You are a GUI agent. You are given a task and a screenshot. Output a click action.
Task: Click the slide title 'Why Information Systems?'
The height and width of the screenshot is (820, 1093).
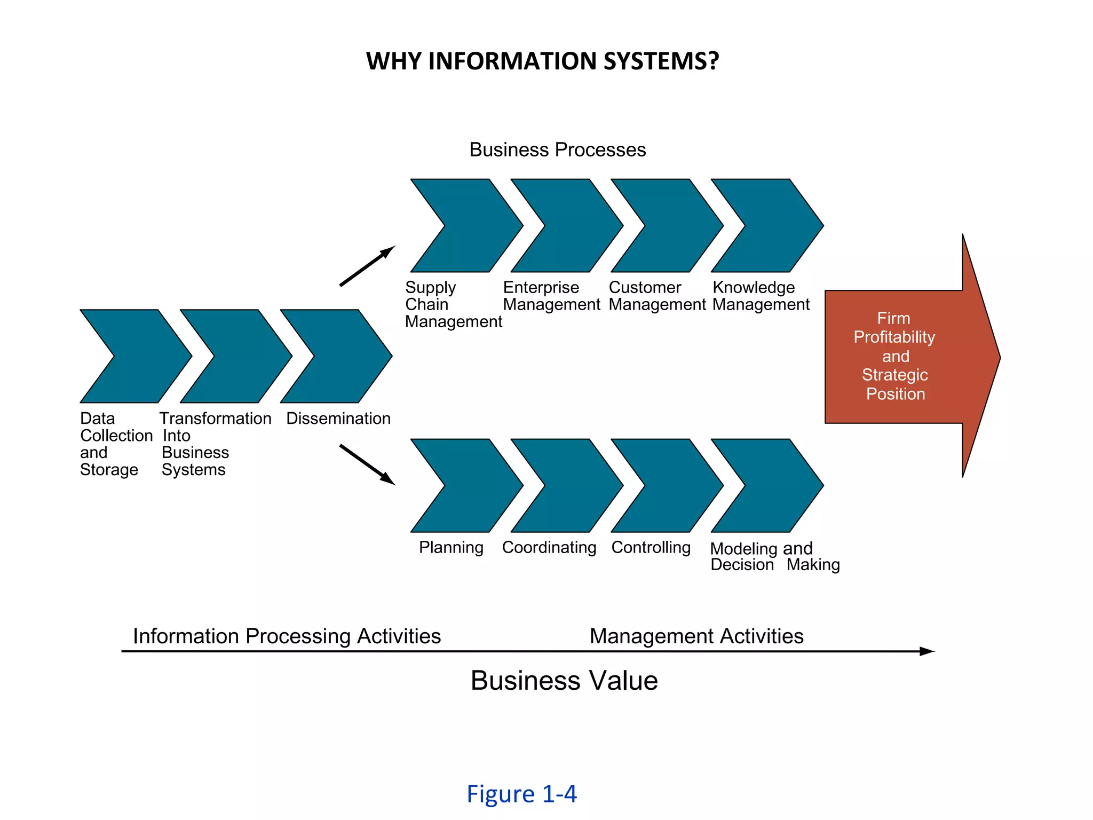542,61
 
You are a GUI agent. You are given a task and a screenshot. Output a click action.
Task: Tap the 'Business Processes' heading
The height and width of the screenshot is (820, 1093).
557,150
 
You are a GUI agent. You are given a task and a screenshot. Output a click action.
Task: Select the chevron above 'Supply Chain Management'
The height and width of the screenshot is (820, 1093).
470,226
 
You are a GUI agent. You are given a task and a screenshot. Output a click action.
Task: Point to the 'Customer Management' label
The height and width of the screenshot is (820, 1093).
657,296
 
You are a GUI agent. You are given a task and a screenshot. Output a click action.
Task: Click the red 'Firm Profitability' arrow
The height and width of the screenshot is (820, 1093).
907,356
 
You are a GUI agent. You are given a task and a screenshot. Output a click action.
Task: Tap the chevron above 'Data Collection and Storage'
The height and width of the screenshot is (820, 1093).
139,356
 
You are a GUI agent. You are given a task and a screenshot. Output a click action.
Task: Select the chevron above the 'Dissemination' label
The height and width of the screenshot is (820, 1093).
339,356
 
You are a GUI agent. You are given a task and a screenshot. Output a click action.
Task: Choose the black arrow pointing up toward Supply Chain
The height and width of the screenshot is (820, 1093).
367,266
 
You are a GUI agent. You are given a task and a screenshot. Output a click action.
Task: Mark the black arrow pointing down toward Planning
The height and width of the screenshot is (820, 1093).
367,464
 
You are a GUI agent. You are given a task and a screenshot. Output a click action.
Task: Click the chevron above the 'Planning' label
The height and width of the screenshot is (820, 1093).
470,486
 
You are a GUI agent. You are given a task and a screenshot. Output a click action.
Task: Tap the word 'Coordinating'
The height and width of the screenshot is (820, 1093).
549,547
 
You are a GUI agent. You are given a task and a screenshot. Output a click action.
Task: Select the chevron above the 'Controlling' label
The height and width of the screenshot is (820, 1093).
670,486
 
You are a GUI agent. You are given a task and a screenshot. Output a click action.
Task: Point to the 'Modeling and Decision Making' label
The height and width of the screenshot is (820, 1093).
774,556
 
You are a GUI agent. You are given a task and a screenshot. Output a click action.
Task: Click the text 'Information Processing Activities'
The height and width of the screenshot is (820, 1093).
287,636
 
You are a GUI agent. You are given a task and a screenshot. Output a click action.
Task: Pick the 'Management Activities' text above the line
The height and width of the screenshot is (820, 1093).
696,636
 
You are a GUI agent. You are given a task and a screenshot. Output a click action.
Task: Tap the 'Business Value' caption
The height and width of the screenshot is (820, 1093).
564,681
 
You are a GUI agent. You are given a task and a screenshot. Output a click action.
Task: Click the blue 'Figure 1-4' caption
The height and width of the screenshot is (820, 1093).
521,794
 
